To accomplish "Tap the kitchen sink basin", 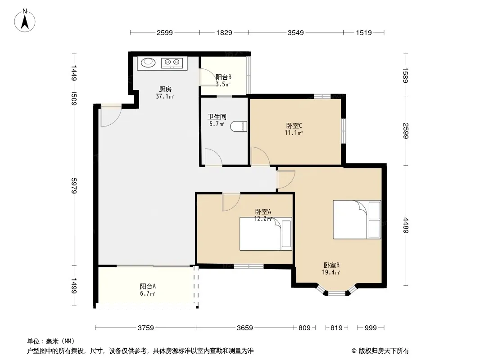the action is point(148,63).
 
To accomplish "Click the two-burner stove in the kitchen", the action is point(172,63).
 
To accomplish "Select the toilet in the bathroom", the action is point(239,126).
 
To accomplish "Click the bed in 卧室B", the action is point(357,220).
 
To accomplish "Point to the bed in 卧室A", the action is point(266,234).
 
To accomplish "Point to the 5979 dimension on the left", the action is point(73,186).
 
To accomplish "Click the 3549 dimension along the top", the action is point(296,32).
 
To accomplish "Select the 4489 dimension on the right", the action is point(406,225).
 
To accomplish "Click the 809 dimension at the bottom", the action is point(304,328).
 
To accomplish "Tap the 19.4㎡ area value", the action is point(331,272).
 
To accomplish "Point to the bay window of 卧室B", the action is point(336,291).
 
